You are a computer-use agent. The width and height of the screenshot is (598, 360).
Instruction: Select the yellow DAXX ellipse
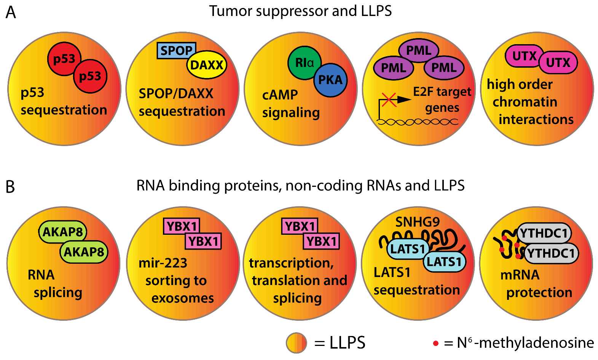(x=207, y=65)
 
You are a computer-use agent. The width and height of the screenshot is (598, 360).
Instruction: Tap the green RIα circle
(x=305, y=63)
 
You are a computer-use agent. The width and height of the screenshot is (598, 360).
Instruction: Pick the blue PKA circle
(x=330, y=80)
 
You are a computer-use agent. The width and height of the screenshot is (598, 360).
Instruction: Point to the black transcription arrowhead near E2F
(x=404, y=100)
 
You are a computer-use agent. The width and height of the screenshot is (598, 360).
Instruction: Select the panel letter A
(x=11, y=13)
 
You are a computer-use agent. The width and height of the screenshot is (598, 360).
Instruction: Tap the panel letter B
(x=10, y=187)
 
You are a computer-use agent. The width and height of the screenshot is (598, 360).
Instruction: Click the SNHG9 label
(x=418, y=222)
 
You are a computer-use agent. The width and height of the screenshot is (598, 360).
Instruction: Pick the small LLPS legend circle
(x=296, y=343)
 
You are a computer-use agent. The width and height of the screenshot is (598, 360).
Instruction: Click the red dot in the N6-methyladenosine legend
(x=436, y=343)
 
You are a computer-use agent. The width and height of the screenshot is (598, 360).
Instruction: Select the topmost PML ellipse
(x=419, y=50)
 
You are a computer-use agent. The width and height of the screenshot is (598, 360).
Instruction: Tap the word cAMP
(x=280, y=95)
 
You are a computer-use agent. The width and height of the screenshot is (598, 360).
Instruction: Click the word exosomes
(x=183, y=298)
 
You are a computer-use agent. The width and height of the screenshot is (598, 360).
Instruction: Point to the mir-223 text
(x=163, y=263)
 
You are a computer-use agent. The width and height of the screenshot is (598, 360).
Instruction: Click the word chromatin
(x=525, y=102)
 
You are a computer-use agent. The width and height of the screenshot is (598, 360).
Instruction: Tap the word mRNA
(x=520, y=275)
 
